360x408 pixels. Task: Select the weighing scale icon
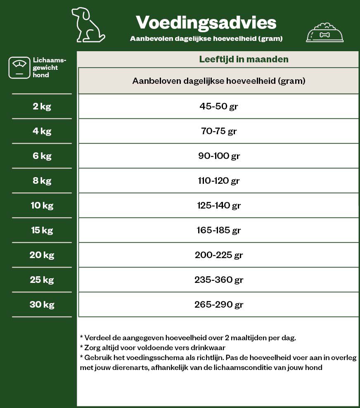pos(19,68)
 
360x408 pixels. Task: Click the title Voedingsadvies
pos(206,22)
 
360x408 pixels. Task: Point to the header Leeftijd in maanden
pos(244,59)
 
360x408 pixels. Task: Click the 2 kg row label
pos(42,106)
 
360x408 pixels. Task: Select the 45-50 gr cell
pos(219,106)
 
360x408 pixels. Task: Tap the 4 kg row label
pos(42,131)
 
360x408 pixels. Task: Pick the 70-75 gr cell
pos(219,131)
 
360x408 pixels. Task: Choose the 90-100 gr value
pos(219,156)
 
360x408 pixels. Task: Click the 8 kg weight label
pos(42,180)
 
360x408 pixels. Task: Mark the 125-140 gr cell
pos(219,205)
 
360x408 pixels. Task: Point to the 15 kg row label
pos(42,230)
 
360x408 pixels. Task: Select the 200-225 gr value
pos(219,255)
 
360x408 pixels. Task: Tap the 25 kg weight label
pos(42,280)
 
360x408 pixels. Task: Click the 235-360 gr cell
pos(219,280)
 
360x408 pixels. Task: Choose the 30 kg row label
pos(42,304)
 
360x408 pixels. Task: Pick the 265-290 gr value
pos(219,304)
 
